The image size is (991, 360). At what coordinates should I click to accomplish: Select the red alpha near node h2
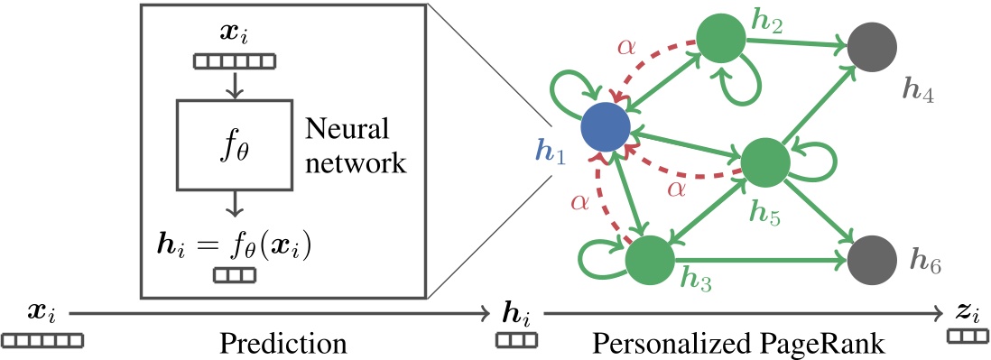coord(625,47)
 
